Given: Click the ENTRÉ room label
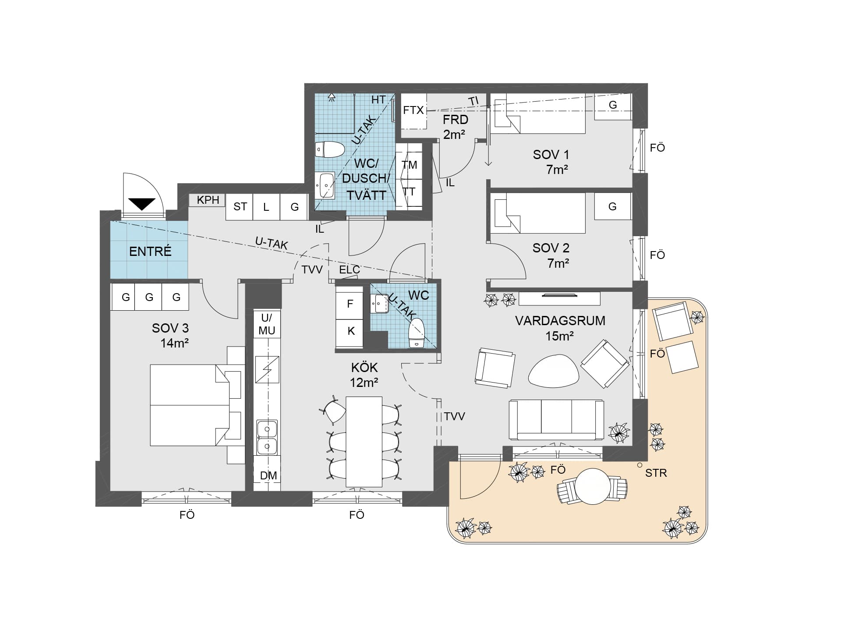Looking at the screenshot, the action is [150, 251].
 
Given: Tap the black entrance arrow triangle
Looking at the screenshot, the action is [142, 204].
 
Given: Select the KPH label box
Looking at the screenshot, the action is [207, 200].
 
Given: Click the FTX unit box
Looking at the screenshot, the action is [414, 111].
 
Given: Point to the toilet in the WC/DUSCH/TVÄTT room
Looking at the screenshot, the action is [329, 149].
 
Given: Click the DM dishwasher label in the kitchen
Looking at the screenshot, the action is [268, 475].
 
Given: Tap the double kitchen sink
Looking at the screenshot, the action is [267, 437].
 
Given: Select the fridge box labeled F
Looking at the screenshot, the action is [349, 304].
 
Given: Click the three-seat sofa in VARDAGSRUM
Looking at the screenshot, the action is [556, 419].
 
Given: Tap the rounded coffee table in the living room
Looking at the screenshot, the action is [554, 371].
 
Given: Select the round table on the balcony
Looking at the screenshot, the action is [593, 486].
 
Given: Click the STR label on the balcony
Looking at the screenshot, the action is [656, 473].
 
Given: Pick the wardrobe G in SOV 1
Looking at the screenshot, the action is [613, 106].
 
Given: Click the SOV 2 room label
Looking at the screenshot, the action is [551, 248].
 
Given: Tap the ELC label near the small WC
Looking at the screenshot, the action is [349, 270].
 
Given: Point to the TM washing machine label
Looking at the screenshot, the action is [410, 165].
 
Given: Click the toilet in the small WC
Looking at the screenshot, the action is [417, 333].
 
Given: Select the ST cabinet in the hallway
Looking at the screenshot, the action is [240, 207].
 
